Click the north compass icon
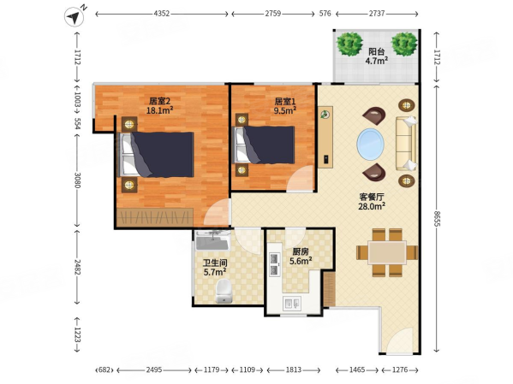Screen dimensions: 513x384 [75, 16]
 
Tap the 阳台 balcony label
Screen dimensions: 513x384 [376, 51]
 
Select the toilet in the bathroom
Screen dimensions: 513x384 [224, 291]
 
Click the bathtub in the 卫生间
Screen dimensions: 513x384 [212, 240]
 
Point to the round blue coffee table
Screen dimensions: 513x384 [370, 145]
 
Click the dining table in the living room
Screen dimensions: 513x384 [387, 252]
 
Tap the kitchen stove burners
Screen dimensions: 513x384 [274, 264]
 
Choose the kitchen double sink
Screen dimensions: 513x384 [291, 304]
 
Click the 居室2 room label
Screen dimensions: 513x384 [159, 101]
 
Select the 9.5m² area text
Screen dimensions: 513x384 [285, 110]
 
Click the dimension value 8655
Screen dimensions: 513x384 [437, 219]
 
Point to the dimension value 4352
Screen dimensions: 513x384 [162, 14]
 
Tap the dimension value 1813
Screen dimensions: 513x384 [294, 369]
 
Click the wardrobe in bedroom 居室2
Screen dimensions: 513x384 [155, 216]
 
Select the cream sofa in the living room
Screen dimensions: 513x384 [407, 144]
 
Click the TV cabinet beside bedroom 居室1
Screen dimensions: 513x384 [325, 137]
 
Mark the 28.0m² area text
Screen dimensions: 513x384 [372, 206]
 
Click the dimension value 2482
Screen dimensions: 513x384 [77, 267]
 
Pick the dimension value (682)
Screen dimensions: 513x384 [104, 370]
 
